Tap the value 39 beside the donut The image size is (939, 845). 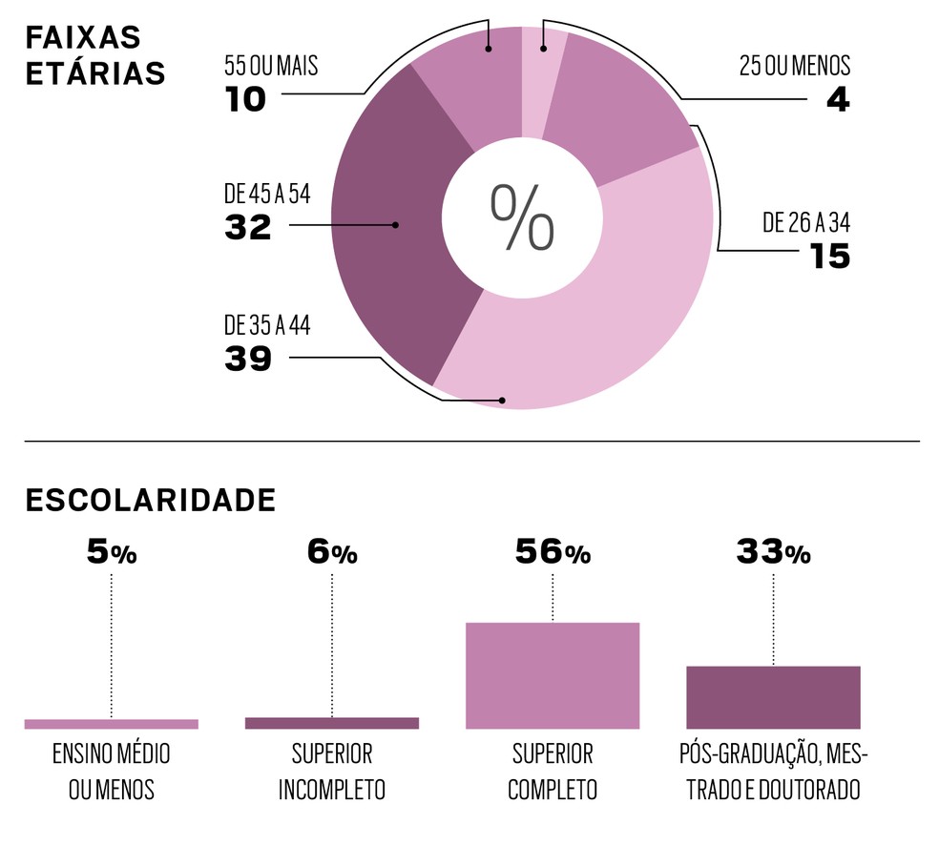[248, 360]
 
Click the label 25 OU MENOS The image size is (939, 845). [794, 67]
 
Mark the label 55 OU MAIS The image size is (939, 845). [271, 67]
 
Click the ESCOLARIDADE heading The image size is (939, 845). [151, 500]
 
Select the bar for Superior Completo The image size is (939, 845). [553, 675]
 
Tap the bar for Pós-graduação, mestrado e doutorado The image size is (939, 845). [773, 697]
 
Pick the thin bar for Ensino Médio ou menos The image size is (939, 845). [112, 724]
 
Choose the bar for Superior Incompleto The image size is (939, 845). [332, 723]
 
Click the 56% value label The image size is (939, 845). [553, 552]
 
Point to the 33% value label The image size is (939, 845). [773, 552]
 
